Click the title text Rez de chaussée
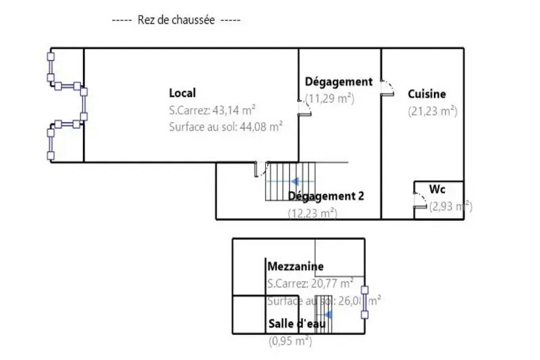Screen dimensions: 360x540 pyautogui.click(x=176, y=20)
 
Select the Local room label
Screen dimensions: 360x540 pyautogui.click(x=182, y=93)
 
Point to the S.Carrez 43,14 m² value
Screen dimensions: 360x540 pyautogui.click(x=212, y=109)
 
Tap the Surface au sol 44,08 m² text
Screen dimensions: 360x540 pyautogui.click(x=225, y=126)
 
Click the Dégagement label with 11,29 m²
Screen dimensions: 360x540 pyautogui.click(x=338, y=82)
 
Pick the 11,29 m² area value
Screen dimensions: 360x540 pyautogui.click(x=330, y=99)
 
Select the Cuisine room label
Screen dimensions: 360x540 pyautogui.click(x=427, y=95)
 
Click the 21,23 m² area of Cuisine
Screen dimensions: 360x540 pyautogui.click(x=433, y=111)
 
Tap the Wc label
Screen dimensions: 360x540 pyautogui.click(x=437, y=190)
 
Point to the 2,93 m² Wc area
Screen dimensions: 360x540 pyautogui.click(x=450, y=207)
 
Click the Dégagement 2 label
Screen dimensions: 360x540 pyautogui.click(x=326, y=197)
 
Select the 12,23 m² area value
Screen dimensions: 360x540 pyautogui.click(x=313, y=213)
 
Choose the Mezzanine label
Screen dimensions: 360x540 pyautogui.click(x=295, y=266)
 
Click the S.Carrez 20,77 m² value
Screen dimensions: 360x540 pyautogui.click(x=310, y=283)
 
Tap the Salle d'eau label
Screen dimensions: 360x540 pyautogui.click(x=298, y=324)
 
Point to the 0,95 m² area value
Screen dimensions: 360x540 pyautogui.click(x=290, y=341)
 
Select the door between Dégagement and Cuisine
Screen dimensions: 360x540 pyautogui.click(x=387, y=88)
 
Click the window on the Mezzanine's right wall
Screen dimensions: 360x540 pyautogui.click(x=365, y=302)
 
